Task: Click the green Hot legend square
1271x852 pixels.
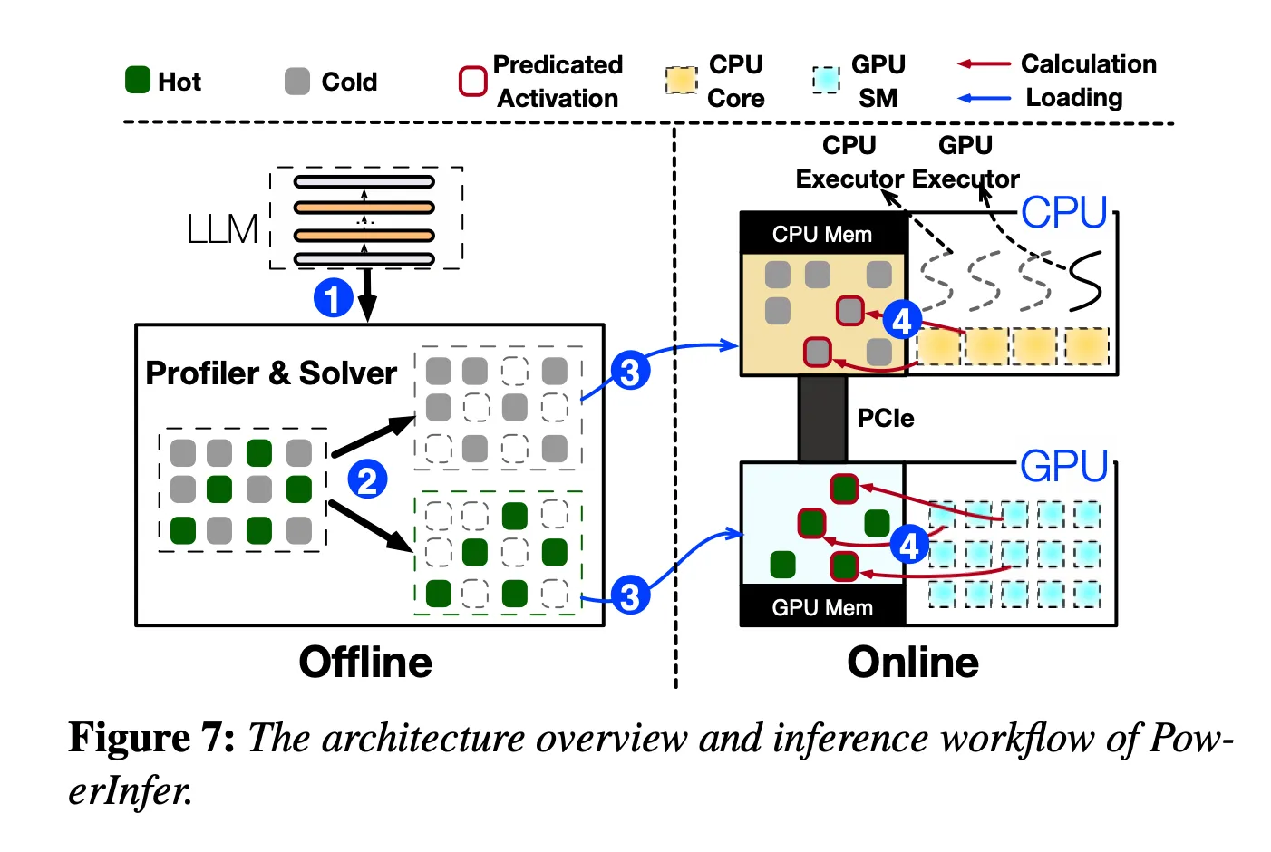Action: pyautogui.click(x=137, y=80)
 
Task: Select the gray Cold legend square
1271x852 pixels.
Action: pyautogui.click(x=297, y=81)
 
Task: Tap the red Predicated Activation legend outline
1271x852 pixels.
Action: pyautogui.click(x=472, y=81)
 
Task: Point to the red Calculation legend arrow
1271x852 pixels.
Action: pyautogui.click(x=984, y=64)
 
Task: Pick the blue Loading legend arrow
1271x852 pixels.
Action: pyautogui.click(x=984, y=98)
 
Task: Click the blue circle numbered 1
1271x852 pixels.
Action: pyautogui.click(x=333, y=297)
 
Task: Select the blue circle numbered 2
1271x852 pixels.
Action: pyautogui.click(x=367, y=479)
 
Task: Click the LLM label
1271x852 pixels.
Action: pyautogui.click(x=222, y=229)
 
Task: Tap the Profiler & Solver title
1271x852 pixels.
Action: pyautogui.click(x=271, y=373)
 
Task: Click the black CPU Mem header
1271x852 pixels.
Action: pyautogui.click(x=823, y=233)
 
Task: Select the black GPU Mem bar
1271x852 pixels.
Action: pyautogui.click(x=823, y=605)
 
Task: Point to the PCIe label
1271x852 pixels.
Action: pyautogui.click(x=886, y=418)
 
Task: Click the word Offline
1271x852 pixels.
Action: pyautogui.click(x=365, y=662)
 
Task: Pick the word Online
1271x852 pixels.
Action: pyautogui.click(x=913, y=662)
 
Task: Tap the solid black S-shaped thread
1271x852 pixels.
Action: pyautogui.click(x=1086, y=281)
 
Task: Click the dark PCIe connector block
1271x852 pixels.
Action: pyautogui.click(x=822, y=419)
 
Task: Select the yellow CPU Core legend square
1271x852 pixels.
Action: pyautogui.click(x=681, y=80)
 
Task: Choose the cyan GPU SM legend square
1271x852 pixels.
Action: pyautogui.click(x=826, y=80)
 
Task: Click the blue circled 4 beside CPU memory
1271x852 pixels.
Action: pyautogui.click(x=902, y=321)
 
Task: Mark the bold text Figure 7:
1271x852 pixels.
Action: pyautogui.click(x=151, y=738)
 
